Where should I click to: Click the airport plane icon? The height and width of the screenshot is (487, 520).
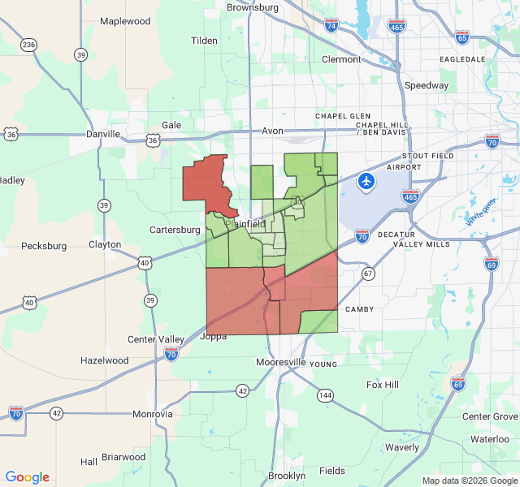(366, 181)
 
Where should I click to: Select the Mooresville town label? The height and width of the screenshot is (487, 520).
(280, 361)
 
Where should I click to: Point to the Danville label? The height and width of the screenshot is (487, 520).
(103, 134)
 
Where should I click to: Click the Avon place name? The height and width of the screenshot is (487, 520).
(271, 131)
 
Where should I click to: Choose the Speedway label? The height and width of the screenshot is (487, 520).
(427, 85)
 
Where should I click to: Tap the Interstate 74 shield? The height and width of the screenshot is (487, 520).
(331, 26)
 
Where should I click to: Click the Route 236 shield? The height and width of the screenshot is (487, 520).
(29, 44)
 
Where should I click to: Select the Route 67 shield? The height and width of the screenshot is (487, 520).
(368, 274)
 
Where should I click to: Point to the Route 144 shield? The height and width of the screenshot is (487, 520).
(325, 395)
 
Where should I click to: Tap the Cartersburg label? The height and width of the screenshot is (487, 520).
(175, 230)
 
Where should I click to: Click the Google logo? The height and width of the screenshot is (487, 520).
(27, 477)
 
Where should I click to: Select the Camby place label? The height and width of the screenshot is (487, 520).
(358, 309)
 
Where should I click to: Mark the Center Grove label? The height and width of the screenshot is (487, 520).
(489, 416)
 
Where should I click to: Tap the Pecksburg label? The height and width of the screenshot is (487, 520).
(44, 245)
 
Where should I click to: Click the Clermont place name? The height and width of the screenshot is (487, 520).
(341, 59)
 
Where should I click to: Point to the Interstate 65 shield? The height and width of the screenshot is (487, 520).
(462, 37)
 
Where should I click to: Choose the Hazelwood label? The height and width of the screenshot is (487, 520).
(105, 360)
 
